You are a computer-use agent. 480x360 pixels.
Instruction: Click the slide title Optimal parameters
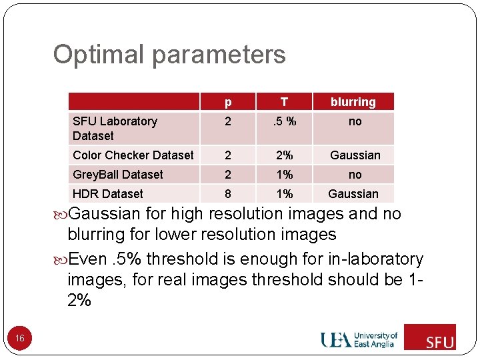[x=169, y=55]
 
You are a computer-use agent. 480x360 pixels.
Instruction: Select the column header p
[x=228, y=102]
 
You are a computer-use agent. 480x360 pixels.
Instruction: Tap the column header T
[x=285, y=102]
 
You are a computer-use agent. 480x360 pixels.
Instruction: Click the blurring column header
[x=353, y=102]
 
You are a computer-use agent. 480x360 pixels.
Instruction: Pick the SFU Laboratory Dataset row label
[x=115, y=128]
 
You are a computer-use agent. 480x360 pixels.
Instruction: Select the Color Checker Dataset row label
[x=133, y=155]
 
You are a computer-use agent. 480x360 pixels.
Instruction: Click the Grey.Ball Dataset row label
[x=118, y=175]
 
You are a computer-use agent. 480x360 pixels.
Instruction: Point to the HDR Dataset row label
[x=108, y=194]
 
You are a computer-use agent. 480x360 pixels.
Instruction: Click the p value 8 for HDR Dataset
[x=228, y=194]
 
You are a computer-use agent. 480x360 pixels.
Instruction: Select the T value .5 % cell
[x=285, y=121]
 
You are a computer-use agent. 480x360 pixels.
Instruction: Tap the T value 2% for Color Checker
[x=285, y=155]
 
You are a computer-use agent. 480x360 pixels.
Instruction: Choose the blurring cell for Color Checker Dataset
[x=355, y=155]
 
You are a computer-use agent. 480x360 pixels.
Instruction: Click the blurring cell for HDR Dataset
[x=353, y=194]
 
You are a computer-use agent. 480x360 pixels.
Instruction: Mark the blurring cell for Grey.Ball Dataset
[x=355, y=175]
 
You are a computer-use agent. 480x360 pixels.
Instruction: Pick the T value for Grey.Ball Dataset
[x=285, y=175]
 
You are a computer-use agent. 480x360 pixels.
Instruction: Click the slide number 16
[x=20, y=339]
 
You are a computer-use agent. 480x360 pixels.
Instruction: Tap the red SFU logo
[x=430, y=337]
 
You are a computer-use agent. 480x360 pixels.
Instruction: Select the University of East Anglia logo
[x=359, y=339]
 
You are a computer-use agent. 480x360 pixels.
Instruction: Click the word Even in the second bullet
[x=87, y=259]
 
